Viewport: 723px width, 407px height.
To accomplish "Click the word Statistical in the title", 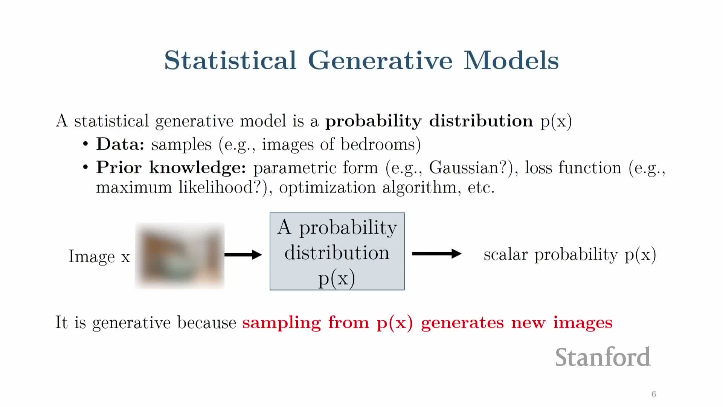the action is (230, 60).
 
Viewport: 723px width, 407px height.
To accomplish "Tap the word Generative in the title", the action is (380, 60).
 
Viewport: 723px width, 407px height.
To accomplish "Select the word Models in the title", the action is (511, 60).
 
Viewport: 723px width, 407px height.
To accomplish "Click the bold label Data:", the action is (120, 144).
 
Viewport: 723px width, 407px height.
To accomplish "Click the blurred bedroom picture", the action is (180, 256).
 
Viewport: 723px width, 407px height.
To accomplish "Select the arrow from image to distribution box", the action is (243, 255).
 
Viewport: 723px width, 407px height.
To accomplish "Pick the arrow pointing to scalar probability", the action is (437, 254).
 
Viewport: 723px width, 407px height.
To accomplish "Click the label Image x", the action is (99, 257).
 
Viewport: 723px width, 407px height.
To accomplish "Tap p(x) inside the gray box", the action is (337, 278).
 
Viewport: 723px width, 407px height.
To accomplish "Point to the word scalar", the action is (506, 255).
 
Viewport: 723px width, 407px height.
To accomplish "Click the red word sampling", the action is (281, 323).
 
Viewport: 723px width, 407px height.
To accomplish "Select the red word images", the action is (583, 323).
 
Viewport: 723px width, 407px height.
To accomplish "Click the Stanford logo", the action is (602, 357).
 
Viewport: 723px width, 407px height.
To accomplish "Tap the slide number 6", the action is (654, 394).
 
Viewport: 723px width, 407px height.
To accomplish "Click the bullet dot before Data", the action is (86, 144).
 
